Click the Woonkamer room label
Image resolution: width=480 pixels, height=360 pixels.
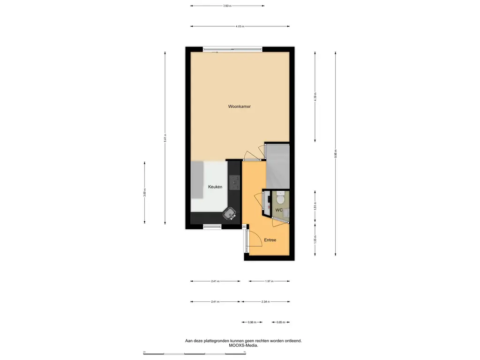coord(239,107)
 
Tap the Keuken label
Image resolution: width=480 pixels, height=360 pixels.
coord(215,187)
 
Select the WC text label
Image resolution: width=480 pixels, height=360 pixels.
coord(279,210)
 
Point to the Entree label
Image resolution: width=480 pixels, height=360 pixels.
coord(270,240)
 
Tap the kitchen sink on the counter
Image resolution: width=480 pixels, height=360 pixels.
coord(230,214)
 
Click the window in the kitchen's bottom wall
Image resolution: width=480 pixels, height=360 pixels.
coord(212,227)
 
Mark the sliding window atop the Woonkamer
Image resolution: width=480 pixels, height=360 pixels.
coord(232,48)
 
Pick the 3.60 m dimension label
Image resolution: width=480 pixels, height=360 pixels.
coord(227,6)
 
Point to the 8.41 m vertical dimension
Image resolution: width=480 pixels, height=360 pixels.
coord(165,138)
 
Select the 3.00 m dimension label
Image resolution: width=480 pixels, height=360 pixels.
coord(145,193)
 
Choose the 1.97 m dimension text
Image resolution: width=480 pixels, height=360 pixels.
coord(269,281)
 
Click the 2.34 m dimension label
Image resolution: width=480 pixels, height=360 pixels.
coord(265,302)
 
